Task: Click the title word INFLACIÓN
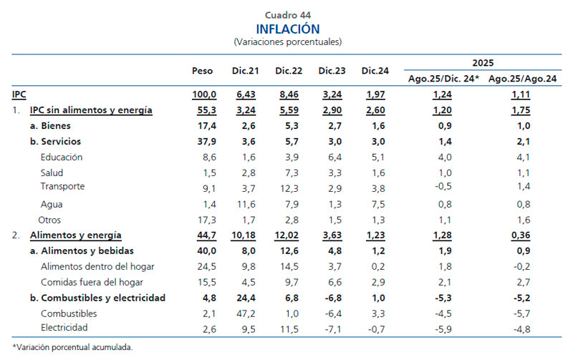[287, 29]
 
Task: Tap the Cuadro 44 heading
[287, 14]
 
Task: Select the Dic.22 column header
[288, 71]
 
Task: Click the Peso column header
[203, 71]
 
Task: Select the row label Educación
[62, 157]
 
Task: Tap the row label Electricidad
[64, 328]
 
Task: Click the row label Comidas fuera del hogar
[87, 281]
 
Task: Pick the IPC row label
[19, 94]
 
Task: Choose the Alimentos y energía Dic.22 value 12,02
[288, 235]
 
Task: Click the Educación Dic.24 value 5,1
[376, 157]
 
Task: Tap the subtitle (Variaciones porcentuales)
[287, 42]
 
